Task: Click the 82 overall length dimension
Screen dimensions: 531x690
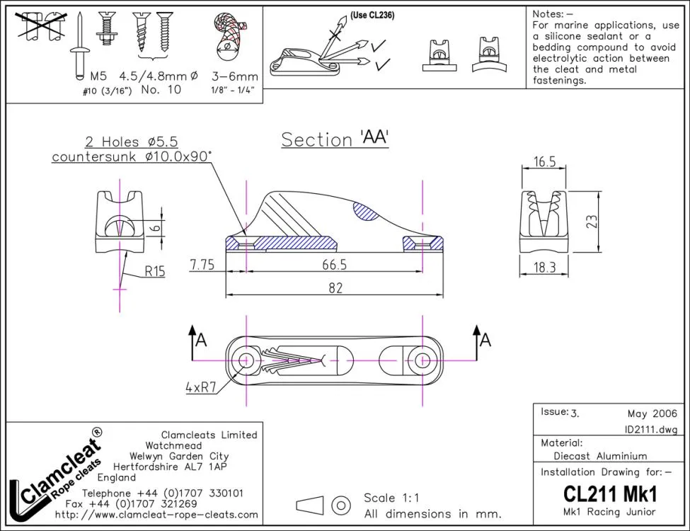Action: pyautogui.click(x=335, y=287)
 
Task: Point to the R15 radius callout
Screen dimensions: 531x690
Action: pyautogui.click(x=154, y=270)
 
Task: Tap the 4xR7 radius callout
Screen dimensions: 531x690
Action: pyautogui.click(x=200, y=387)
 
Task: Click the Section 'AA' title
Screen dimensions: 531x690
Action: pyautogui.click(x=335, y=139)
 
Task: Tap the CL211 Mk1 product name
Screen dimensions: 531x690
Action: pyautogui.click(x=610, y=493)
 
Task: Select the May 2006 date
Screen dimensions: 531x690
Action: pyautogui.click(x=652, y=413)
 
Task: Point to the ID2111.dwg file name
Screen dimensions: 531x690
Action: pyautogui.click(x=650, y=429)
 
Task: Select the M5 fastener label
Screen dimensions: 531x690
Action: pyautogui.click(x=98, y=76)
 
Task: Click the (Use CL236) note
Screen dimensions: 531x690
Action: pyautogui.click(x=372, y=15)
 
